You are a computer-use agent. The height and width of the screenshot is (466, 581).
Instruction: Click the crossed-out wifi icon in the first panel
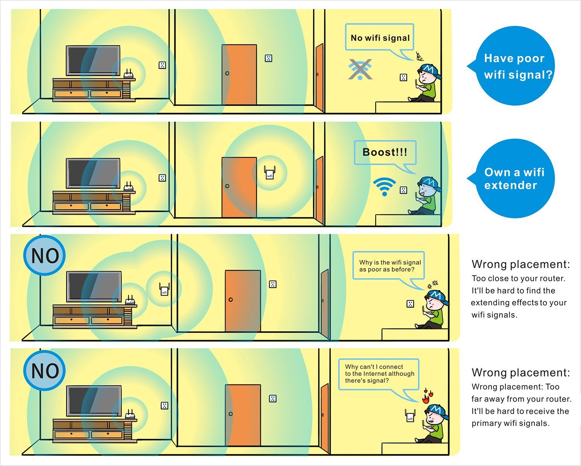(x=360, y=70)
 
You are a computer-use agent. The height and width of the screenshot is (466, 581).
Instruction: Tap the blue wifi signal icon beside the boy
(x=385, y=187)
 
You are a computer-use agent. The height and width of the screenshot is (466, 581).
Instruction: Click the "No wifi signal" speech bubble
(x=380, y=38)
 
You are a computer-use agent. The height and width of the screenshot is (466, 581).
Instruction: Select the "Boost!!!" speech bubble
(x=385, y=152)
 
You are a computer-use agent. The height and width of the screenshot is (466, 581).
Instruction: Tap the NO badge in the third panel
(x=45, y=256)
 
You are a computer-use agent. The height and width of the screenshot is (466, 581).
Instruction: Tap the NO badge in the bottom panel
(x=45, y=371)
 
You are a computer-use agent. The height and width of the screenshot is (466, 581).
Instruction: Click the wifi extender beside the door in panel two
(x=270, y=172)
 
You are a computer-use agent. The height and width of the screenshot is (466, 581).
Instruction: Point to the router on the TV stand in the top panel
(x=129, y=75)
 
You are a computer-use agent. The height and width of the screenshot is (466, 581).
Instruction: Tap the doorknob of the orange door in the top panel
(x=227, y=73)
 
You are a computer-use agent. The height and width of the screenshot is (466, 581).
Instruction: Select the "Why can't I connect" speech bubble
(x=379, y=373)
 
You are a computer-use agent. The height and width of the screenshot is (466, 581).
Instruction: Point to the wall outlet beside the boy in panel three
(x=410, y=304)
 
